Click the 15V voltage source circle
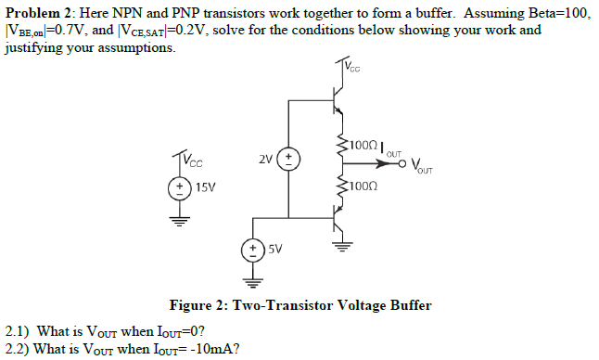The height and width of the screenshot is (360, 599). click(x=172, y=186)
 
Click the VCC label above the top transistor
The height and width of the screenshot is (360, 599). click(x=353, y=66)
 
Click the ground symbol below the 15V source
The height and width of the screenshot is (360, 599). click(x=172, y=220)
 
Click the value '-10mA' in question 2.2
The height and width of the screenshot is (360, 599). click(x=207, y=349)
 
